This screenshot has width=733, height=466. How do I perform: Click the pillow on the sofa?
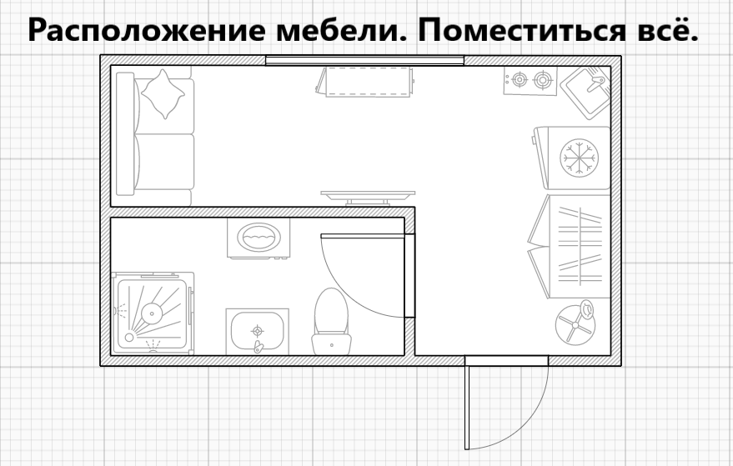pyautogui.click(x=163, y=93)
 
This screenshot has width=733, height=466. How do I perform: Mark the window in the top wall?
pyautogui.click(x=364, y=59)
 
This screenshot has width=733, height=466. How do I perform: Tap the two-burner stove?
pyautogui.click(x=531, y=81)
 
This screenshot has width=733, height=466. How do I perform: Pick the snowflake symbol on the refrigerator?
pyautogui.click(x=579, y=157)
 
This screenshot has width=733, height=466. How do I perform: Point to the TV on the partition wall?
pyautogui.click(x=369, y=196)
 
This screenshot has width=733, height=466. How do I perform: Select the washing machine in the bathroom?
pyautogui.click(x=259, y=238)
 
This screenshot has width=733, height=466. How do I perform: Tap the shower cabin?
pyautogui.click(x=153, y=313)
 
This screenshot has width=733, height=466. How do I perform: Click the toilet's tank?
pyautogui.click(x=330, y=343)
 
